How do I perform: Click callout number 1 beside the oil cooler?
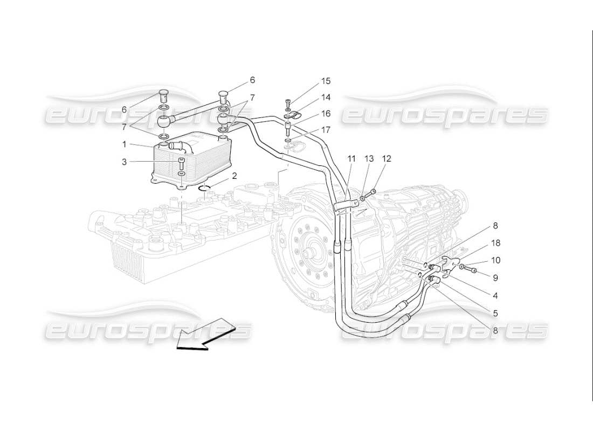click(x=124, y=144)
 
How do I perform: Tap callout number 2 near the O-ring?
click(x=235, y=176)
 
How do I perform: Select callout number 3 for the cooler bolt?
click(x=124, y=161)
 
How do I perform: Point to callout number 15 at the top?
click(x=326, y=81)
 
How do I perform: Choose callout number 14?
click(x=326, y=98)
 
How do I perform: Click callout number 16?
click(x=326, y=114)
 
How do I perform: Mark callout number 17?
click(x=326, y=130)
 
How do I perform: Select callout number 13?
click(x=369, y=158)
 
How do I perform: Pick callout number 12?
click(x=387, y=158)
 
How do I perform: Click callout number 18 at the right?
click(x=495, y=244)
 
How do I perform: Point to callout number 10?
click(x=495, y=260)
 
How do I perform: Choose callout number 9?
click(x=495, y=277)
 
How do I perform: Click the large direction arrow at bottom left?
click(x=204, y=335)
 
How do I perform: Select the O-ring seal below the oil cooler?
click(x=205, y=188)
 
